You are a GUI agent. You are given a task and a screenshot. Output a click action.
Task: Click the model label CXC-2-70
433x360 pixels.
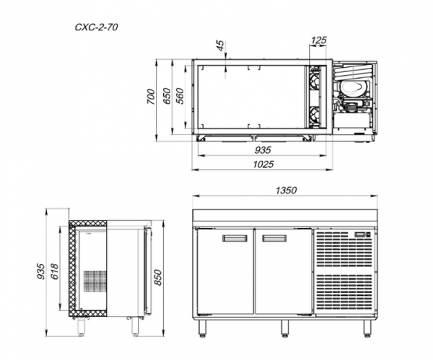coord(97,27)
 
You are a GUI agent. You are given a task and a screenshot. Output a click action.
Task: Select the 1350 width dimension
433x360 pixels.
coord(286,190)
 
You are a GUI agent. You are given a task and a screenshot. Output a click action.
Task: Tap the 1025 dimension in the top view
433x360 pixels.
coord(263,164)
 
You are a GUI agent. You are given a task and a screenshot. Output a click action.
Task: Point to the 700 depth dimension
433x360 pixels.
coord(151,97)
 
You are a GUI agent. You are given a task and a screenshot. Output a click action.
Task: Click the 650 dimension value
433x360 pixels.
coord(167,96)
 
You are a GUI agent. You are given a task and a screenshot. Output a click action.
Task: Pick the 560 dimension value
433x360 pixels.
coord(180,96)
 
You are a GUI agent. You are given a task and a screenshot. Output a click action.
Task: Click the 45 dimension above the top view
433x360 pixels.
coord(220,46)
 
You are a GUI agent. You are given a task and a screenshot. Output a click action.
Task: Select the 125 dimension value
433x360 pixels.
coord(319,40)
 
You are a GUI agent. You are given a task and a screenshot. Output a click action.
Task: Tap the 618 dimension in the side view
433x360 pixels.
coord(55,271)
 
